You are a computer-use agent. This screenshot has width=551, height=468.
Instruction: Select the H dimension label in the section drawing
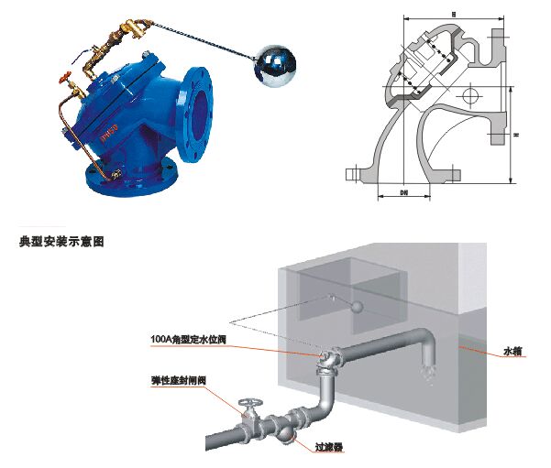click(517, 136)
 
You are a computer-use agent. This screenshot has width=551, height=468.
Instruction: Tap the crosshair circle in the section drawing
click(470, 95)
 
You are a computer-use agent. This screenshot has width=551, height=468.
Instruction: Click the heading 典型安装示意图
click(61, 242)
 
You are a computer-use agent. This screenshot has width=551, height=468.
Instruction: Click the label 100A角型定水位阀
click(188, 339)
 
